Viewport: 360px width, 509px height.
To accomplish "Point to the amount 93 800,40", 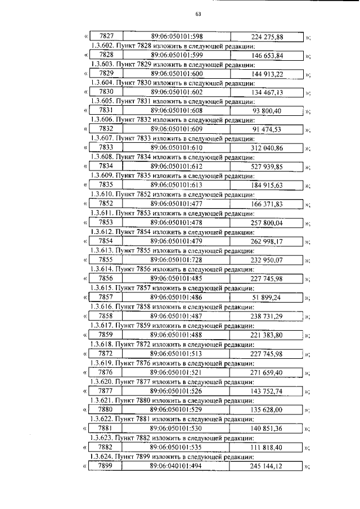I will click(x=267, y=111).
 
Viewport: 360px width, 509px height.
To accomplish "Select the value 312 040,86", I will click(x=267, y=148).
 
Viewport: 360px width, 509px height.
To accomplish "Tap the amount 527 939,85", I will click(x=267, y=166).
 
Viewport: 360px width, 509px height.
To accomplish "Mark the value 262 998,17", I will click(x=267, y=241).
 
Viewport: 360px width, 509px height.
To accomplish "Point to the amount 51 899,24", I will click(x=267, y=297).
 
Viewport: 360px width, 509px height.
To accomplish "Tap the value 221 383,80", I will click(x=267, y=335).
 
